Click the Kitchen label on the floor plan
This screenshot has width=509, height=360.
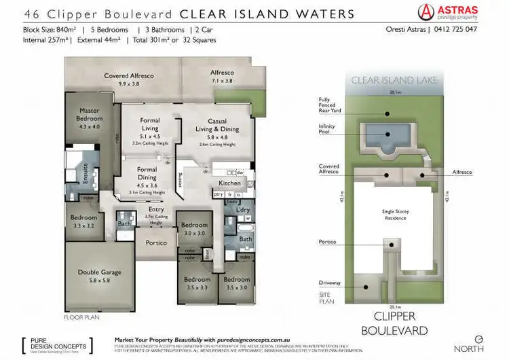(230, 183)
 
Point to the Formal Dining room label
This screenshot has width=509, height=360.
(147, 173)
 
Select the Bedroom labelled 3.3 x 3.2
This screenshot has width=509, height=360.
(85, 221)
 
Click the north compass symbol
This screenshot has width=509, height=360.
(478, 338)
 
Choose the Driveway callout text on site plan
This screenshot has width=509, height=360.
(329, 283)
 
